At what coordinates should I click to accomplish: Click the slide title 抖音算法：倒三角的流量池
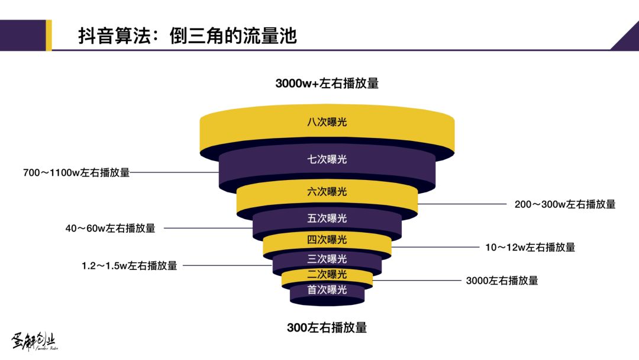187,36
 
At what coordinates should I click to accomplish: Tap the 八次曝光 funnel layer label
327,123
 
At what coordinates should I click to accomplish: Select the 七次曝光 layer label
327,159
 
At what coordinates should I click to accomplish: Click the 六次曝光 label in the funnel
327,192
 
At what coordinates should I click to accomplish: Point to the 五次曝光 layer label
327,218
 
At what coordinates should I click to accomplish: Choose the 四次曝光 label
327,240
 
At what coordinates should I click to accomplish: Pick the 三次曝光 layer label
327,259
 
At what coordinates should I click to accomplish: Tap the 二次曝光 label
327,275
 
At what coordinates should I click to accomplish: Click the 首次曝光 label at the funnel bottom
327,290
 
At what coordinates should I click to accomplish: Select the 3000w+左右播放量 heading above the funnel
327,83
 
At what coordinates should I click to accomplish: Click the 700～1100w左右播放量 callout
76,173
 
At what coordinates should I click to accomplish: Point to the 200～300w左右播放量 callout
564,204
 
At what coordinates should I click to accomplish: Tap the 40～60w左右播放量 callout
110,228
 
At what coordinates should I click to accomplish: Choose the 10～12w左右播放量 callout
530,247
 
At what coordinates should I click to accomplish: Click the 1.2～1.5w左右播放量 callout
129,266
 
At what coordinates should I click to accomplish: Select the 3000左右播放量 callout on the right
502,281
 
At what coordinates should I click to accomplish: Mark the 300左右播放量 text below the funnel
327,327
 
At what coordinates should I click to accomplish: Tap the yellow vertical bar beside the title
49,35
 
